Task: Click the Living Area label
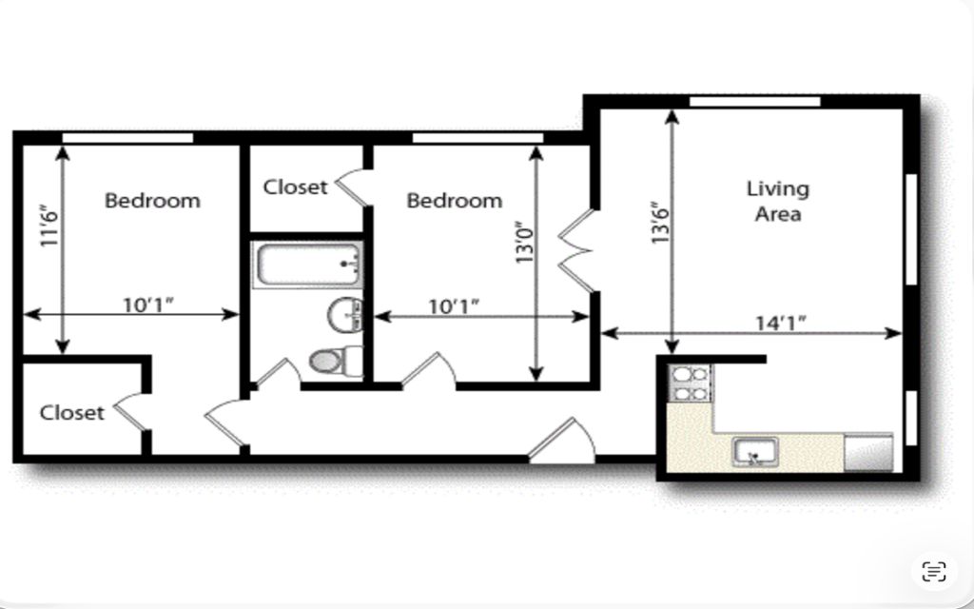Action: pyautogui.click(x=778, y=201)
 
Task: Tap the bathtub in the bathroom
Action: pyautogui.click(x=308, y=265)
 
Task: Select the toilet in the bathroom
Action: pyautogui.click(x=336, y=361)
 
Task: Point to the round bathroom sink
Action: pyautogui.click(x=344, y=315)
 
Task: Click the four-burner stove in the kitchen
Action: pyautogui.click(x=691, y=383)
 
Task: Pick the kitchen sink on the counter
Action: pyautogui.click(x=754, y=451)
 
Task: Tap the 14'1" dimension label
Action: pyautogui.click(x=780, y=324)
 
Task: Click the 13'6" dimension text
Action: pyautogui.click(x=660, y=222)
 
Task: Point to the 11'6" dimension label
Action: pyautogui.click(x=49, y=225)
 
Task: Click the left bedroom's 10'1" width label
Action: pyautogui.click(x=147, y=305)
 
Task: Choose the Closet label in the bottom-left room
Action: pyautogui.click(x=71, y=413)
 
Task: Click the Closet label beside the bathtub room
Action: pyautogui.click(x=295, y=187)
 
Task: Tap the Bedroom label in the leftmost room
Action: pyautogui.click(x=152, y=201)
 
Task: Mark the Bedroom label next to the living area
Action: pyautogui.click(x=454, y=201)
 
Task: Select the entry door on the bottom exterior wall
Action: pyautogui.click(x=562, y=442)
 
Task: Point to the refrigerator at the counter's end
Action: pyautogui.click(x=867, y=452)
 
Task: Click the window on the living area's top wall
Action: pyautogui.click(x=754, y=101)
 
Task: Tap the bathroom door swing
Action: pyautogui.click(x=279, y=373)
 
